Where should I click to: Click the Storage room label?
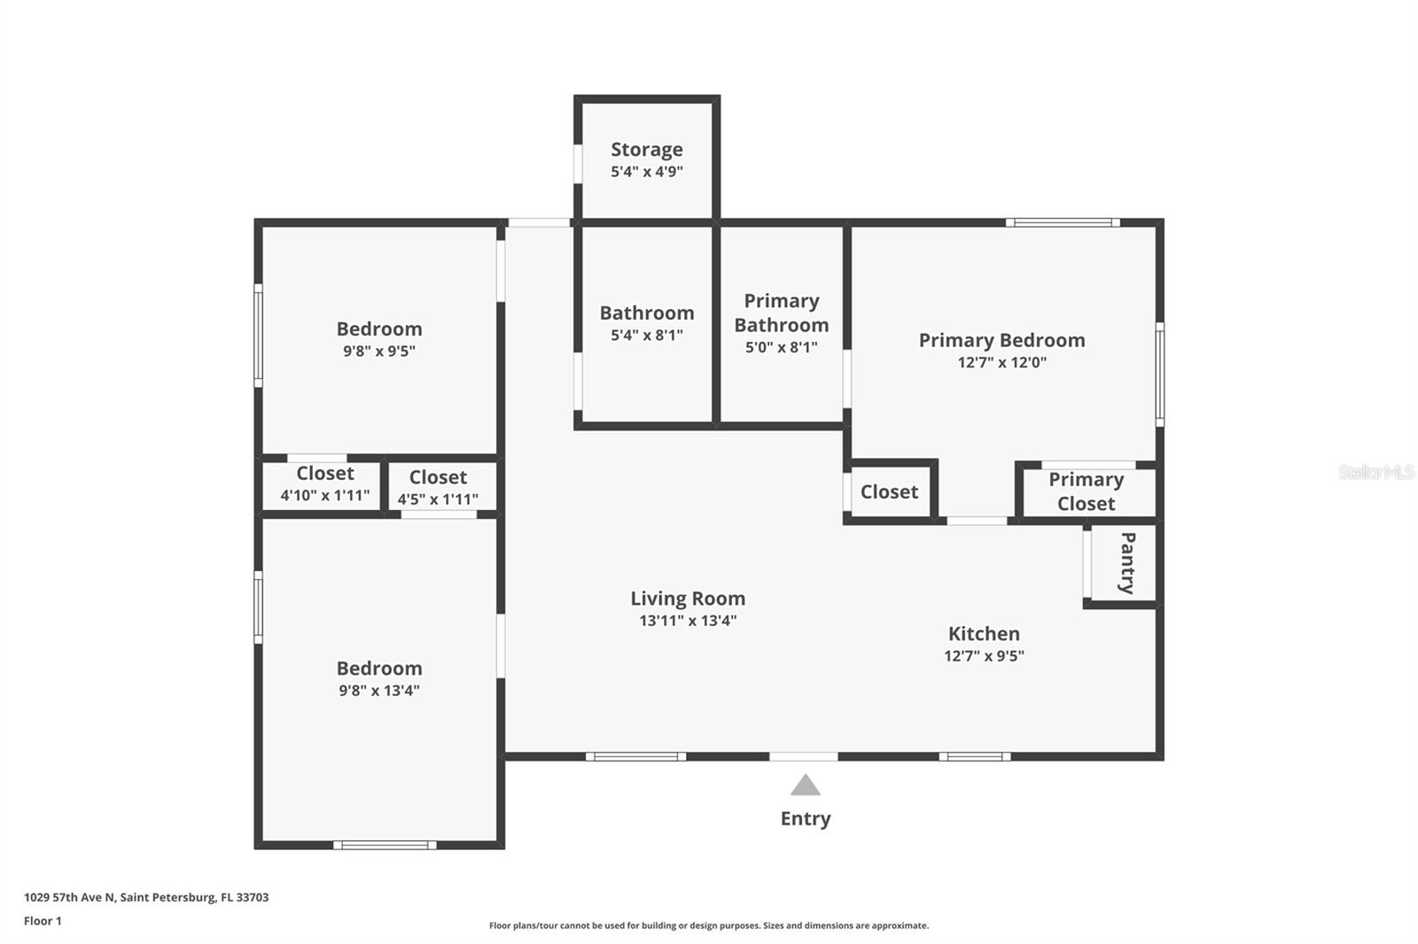click(x=646, y=150)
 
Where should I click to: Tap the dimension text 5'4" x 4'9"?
click(x=646, y=172)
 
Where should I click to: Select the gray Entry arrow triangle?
click(x=805, y=785)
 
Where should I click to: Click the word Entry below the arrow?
click(x=805, y=818)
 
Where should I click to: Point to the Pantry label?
click(x=1127, y=563)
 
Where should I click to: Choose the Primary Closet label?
click(x=1086, y=491)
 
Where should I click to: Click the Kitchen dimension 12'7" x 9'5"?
click(x=984, y=656)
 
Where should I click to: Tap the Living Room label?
click(x=688, y=599)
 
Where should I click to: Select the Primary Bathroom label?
click(x=781, y=313)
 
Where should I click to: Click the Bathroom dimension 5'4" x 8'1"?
click(x=646, y=336)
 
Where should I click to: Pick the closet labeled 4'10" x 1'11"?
click(x=324, y=484)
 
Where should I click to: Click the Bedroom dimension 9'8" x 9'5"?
click(x=379, y=352)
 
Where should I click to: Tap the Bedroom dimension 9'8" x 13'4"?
click(x=379, y=691)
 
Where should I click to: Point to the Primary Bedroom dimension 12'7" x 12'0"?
click(x=1001, y=362)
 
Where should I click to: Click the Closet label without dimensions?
click(x=889, y=492)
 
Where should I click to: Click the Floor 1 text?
click(x=43, y=921)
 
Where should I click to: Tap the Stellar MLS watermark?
click(x=1375, y=472)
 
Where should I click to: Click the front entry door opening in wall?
click(x=803, y=756)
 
